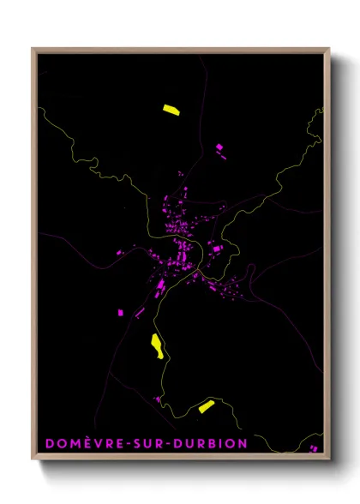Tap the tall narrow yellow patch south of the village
[158, 345]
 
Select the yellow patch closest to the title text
[206, 406]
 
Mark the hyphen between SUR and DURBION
[169, 444]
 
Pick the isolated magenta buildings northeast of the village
[219, 147]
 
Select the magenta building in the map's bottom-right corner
[314, 447]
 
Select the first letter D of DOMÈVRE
[49, 443]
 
